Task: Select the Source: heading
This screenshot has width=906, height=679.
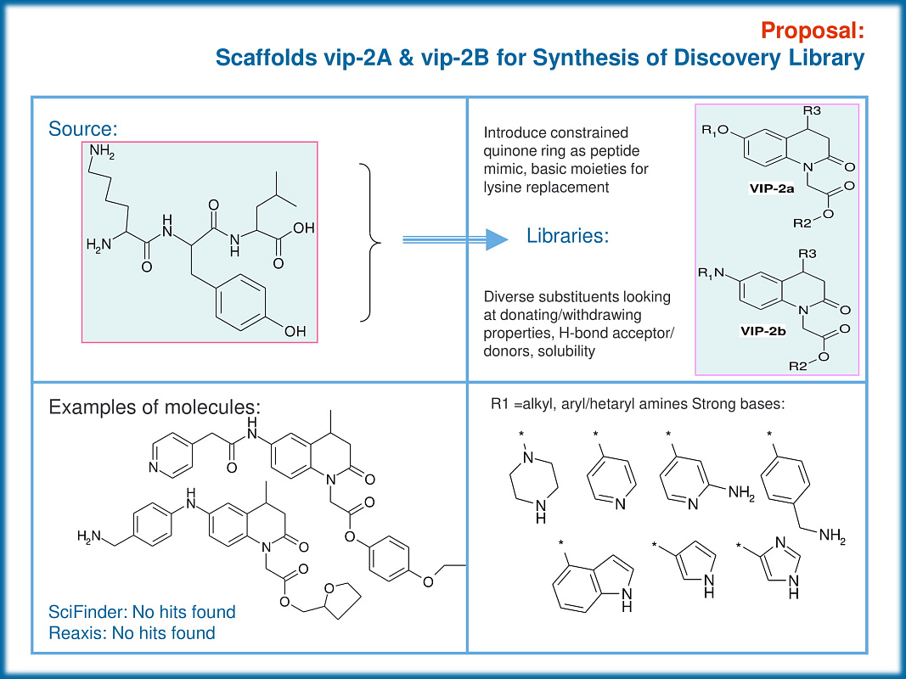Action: point(82,128)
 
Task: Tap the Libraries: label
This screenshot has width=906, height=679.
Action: point(567,236)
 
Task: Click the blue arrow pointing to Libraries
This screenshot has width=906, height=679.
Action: point(455,241)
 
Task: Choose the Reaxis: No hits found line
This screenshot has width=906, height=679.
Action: point(132,632)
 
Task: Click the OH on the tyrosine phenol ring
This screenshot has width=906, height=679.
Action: point(294,332)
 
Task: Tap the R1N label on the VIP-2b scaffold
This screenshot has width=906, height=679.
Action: point(710,272)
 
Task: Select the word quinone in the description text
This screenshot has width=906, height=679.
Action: point(508,150)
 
